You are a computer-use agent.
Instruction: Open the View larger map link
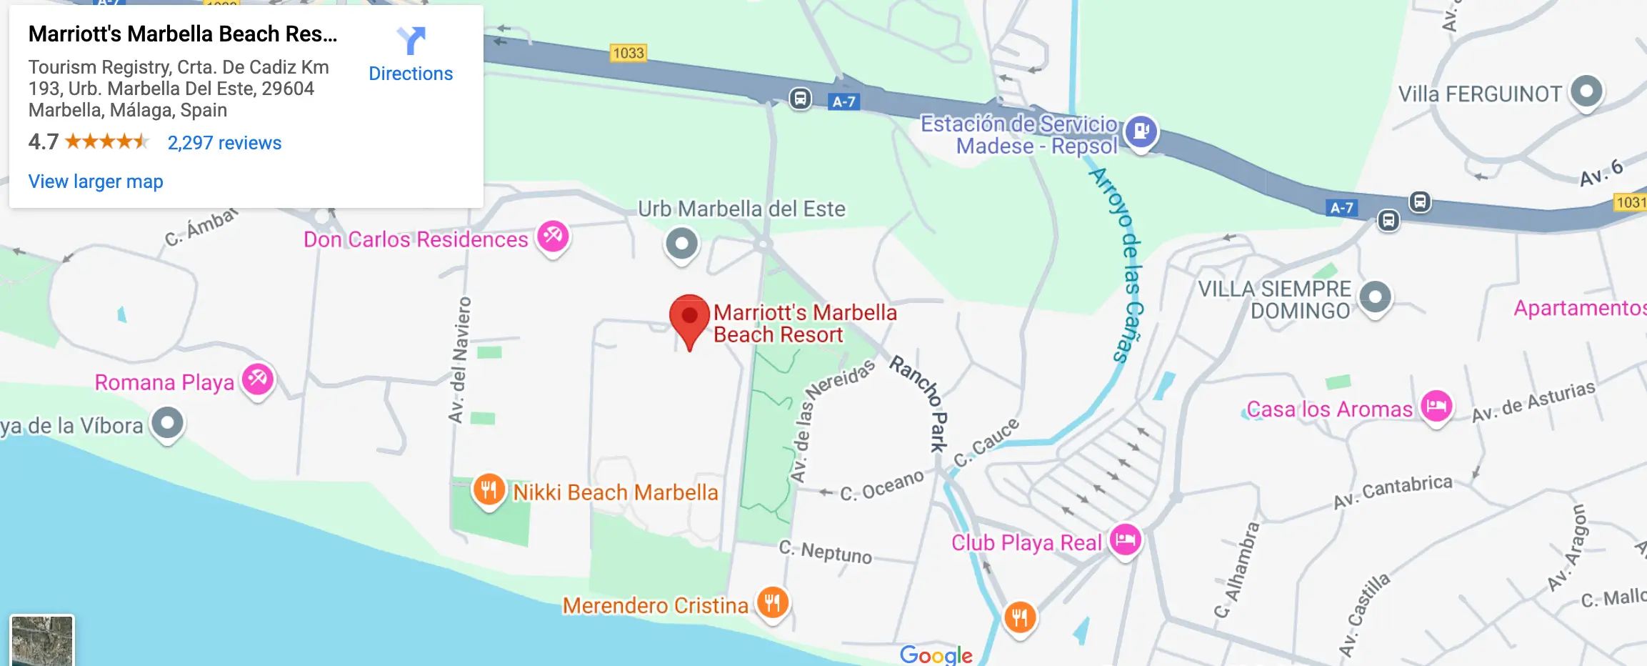pos(96,182)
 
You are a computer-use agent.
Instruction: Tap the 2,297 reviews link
pos(224,143)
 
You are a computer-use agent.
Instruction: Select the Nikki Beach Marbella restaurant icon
pos(489,490)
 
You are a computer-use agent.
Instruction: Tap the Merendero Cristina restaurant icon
pos(772,603)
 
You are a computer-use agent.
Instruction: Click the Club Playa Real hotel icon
pos(1126,540)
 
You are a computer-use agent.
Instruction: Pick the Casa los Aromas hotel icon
pos(1436,407)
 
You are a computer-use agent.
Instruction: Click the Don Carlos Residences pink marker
pos(553,236)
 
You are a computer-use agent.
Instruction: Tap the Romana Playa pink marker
pos(258,379)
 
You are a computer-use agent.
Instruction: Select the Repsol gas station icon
pos(1141,131)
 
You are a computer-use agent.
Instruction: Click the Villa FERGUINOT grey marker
pos(1586,91)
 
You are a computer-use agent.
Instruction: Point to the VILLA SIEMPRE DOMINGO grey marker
pos(1375,297)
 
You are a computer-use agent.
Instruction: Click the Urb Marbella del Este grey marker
pos(682,244)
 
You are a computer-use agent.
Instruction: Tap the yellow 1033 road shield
pos(629,53)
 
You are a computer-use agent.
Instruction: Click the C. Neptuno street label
pos(825,552)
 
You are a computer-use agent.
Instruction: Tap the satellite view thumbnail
pos(42,640)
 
